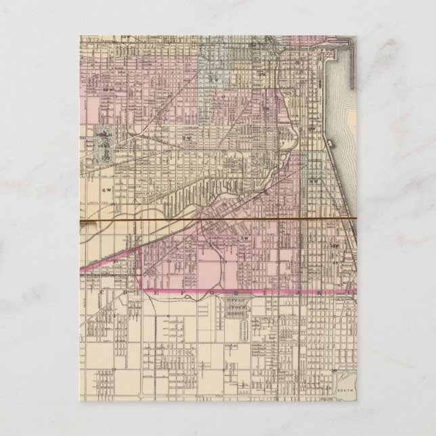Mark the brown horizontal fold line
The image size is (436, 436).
tap(217, 221)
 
